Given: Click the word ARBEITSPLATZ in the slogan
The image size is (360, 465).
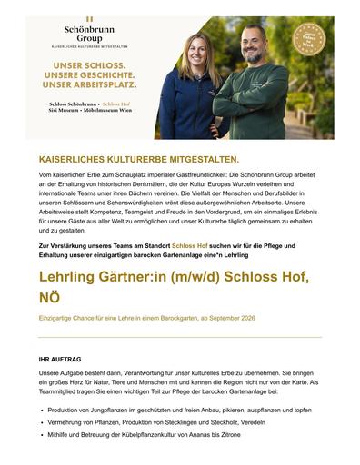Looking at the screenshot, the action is [107, 85].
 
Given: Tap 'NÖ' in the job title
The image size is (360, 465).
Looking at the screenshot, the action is [51, 297].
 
